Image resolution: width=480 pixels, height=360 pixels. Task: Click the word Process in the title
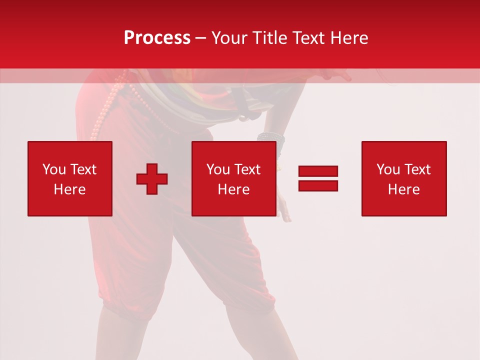click(x=157, y=38)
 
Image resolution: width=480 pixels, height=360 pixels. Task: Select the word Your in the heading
click(x=230, y=38)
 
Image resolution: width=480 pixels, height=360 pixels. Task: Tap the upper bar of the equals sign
click(x=318, y=171)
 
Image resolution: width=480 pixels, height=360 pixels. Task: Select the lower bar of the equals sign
click(x=318, y=186)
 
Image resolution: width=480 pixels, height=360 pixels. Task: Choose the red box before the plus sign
click(x=70, y=178)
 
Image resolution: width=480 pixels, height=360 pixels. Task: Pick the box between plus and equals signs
click(x=234, y=178)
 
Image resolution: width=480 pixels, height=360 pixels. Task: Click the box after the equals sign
click(x=404, y=178)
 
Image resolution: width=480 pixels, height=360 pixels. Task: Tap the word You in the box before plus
click(x=53, y=169)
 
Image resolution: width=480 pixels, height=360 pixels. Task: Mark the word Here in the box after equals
click(x=404, y=189)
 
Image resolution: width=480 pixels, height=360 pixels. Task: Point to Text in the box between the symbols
click(x=247, y=169)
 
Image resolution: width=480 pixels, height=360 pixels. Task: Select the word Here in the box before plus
click(x=70, y=189)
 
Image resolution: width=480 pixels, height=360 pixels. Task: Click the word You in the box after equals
click(x=388, y=169)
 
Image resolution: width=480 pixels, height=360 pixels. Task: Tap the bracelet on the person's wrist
click(x=271, y=136)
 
